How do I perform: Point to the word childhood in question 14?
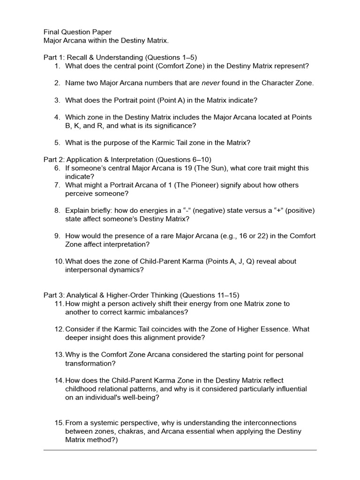coord(82,389)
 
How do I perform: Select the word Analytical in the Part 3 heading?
coord(83,295)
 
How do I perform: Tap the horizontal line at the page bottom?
coord(180,450)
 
